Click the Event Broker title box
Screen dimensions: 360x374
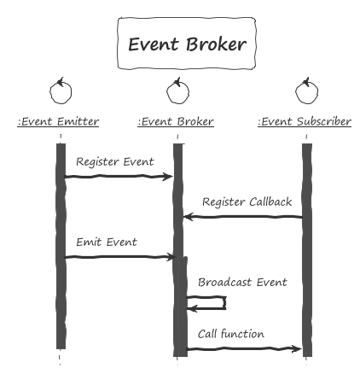(x=187, y=44)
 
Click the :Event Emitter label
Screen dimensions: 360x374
(x=58, y=122)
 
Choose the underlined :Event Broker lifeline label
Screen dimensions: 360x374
(x=176, y=122)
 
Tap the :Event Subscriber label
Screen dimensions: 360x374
(x=305, y=122)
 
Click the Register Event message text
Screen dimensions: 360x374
(x=115, y=161)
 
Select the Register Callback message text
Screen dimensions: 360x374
(x=247, y=202)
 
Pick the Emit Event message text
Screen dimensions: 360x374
(x=107, y=242)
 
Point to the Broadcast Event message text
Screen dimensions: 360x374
(x=242, y=283)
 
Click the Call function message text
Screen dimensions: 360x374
(x=231, y=334)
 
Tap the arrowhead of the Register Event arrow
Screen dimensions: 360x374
(x=168, y=177)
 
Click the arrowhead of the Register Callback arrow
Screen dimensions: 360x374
(x=189, y=217)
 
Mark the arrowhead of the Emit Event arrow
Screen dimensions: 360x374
(x=170, y=257)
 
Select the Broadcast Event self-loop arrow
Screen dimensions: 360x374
(x=226, y=302)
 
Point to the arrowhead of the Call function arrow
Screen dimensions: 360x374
(x=296, y=348)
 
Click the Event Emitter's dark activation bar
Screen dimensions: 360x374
(x=61, y=246)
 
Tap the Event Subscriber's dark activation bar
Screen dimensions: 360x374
(x=307, y=250)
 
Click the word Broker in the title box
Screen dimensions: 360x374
(x=217, y=44)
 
